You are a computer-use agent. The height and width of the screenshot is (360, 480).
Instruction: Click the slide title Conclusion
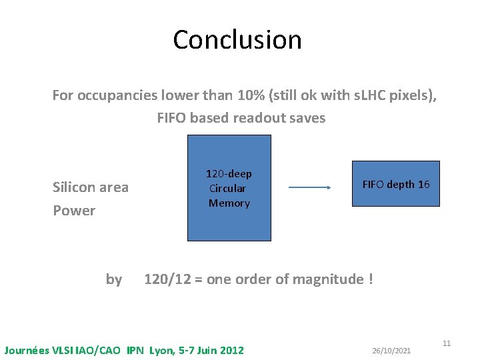point(237,40)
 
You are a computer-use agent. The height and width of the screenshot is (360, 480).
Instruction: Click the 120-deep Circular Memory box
point(229,188)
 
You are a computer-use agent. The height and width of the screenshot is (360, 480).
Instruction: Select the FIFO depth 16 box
point(395,184)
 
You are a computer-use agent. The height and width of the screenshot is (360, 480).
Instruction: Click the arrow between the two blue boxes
point(310,187)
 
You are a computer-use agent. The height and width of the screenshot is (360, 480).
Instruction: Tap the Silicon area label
point(90,187)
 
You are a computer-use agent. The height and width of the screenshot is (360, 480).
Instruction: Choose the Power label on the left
point(73,211)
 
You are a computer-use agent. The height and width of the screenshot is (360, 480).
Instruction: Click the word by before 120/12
point(114,279)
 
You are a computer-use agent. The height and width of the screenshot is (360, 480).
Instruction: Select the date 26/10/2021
point(391,351)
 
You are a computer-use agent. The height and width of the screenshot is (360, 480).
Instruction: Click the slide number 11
point(447,343)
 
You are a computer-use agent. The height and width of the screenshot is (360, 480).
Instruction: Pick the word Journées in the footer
point(27,350)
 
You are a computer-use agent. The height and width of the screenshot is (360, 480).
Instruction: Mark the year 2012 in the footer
point(231,350)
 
